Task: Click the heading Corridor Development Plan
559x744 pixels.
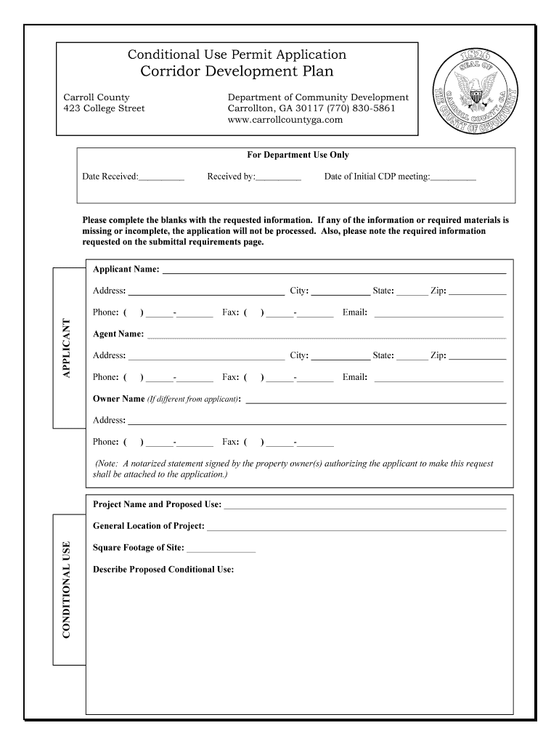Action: (237, 72)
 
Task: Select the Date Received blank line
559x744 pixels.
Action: (161, 177)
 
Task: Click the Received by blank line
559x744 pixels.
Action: (278, 177)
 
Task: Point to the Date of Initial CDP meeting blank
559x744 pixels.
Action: (454, 177)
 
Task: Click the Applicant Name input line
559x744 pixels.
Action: (333, 271)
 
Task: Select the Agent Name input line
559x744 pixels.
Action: (326, 336)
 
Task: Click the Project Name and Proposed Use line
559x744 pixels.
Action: (365, 506)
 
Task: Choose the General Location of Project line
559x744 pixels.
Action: (356, 528)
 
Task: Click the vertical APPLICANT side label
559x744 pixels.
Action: (67, 349)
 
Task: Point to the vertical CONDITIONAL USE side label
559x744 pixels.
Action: (67, 589)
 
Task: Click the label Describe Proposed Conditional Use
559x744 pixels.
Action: (163, 570)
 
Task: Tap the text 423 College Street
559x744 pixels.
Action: (104, 109)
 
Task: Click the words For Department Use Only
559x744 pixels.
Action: (298, 155)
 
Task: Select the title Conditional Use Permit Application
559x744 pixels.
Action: (237, 54)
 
